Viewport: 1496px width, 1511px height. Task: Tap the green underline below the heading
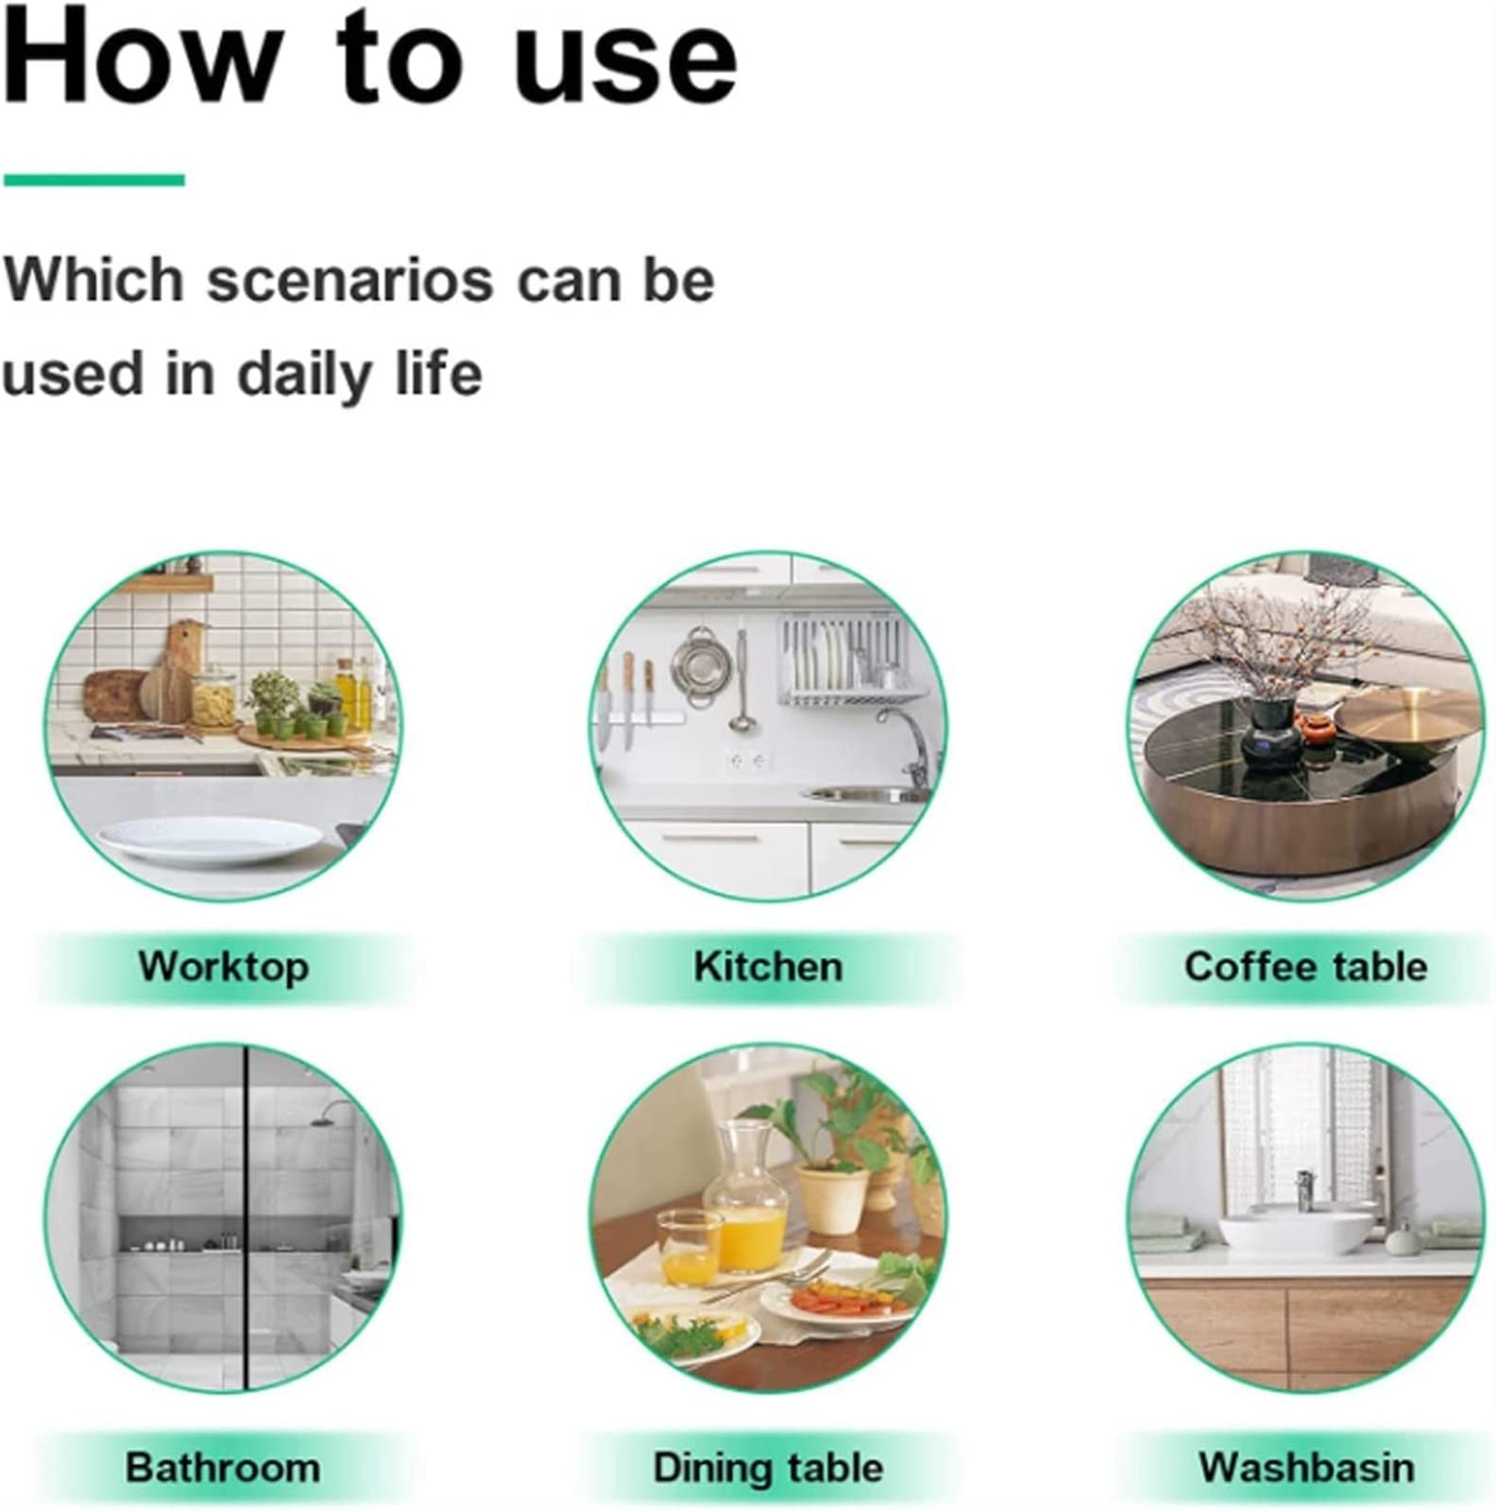click(93, 179)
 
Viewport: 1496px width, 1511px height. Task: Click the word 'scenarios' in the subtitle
click(350, 280)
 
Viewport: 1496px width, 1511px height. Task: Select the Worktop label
click(224, 967)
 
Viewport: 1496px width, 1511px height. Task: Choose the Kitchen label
click(768, 967)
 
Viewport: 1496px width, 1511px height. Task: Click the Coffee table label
click(1305, 967)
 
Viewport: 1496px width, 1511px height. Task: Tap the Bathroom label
click(223, 1468)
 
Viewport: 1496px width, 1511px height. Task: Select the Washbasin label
click(1306, 1468)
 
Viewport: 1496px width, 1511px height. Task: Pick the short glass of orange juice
click(689, 1248)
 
